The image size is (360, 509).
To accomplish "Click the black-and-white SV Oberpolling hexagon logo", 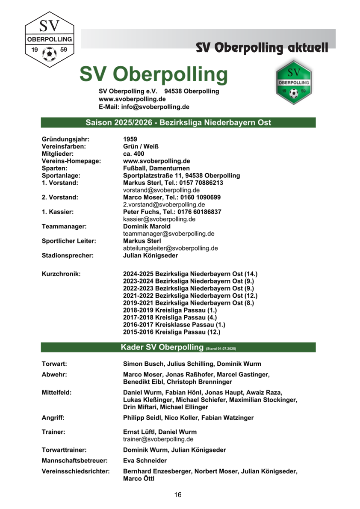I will tap(49, 40).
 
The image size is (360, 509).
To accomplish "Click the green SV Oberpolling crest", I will tap(293, 82).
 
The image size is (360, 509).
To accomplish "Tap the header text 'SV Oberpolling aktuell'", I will tap(262, 47).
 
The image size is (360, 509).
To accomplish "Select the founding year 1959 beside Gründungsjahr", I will tap(130, 139).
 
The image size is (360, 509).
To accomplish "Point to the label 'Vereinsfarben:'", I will tap(64, 147).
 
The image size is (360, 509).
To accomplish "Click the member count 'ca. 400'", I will tap(133, 154).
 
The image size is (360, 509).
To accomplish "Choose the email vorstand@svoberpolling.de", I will tap(161, 190).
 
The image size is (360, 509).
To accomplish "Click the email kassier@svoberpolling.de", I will tap(159, 219).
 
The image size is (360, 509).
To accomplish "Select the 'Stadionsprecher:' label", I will tap(68, 256).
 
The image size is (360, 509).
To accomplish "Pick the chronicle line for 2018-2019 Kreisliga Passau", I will tap(170, 310).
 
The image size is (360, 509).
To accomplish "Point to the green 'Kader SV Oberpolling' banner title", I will tap(162, 347).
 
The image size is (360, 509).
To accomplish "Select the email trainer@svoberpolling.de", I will tap(158, 439).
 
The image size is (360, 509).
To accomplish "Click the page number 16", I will tap(178, 495).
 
